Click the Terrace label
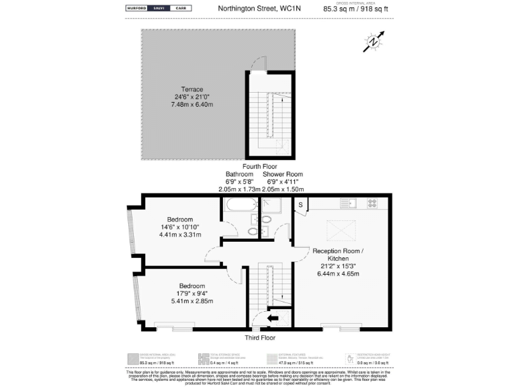192,89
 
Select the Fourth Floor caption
261,166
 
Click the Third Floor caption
259,338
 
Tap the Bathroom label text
239,174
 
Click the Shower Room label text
283,174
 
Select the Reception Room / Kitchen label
338,255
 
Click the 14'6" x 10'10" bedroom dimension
181,227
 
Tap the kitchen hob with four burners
372,202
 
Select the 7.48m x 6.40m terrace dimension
192,105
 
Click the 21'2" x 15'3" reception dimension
338,266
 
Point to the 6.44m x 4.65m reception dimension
338,274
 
